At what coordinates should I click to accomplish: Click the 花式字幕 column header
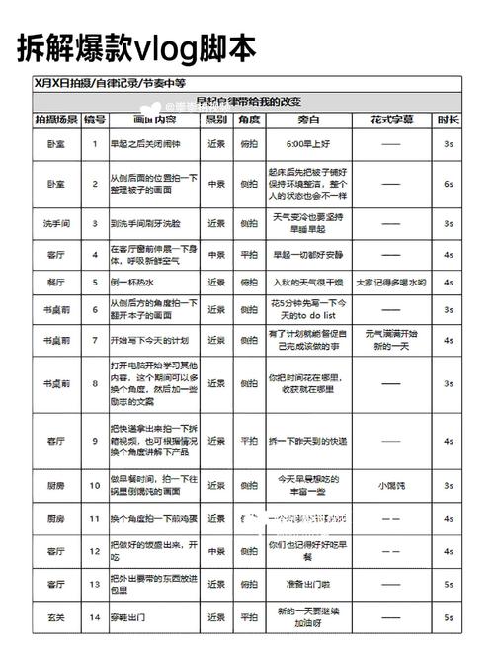[391, 120]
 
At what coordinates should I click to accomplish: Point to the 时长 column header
[448, 120]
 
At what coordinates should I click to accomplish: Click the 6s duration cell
[448, 184]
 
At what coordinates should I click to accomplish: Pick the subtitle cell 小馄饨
[391, 485]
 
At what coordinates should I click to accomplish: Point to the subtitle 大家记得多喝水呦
[391, 282]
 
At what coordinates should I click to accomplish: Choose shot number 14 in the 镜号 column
[94, 617]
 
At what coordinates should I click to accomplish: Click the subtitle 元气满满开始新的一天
[391, 340]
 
